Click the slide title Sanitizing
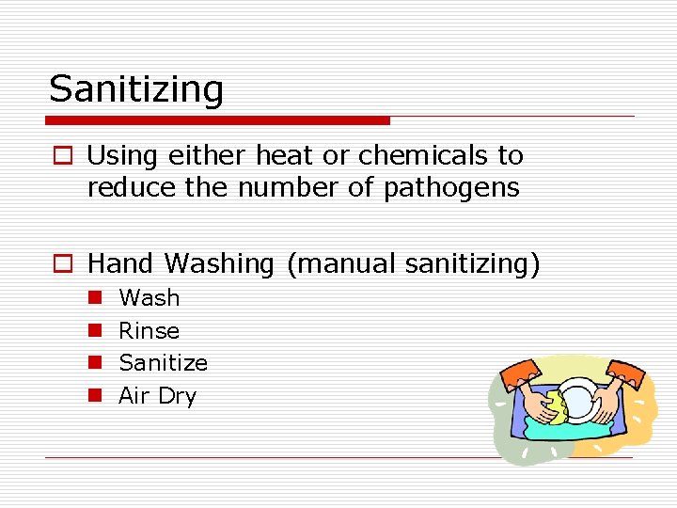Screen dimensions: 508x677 click(136, 90)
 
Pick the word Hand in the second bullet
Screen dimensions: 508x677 click(120, 264)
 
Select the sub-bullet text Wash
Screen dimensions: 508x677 click(149, 298)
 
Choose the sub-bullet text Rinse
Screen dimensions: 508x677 click(149, 331)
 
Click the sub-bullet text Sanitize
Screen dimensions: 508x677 click(163, 363)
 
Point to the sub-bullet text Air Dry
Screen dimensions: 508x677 click(157, 396)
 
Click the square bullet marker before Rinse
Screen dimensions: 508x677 click(95, 331)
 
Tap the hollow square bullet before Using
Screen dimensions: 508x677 click(61, 156)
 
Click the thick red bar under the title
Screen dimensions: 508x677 click(217, 120)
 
